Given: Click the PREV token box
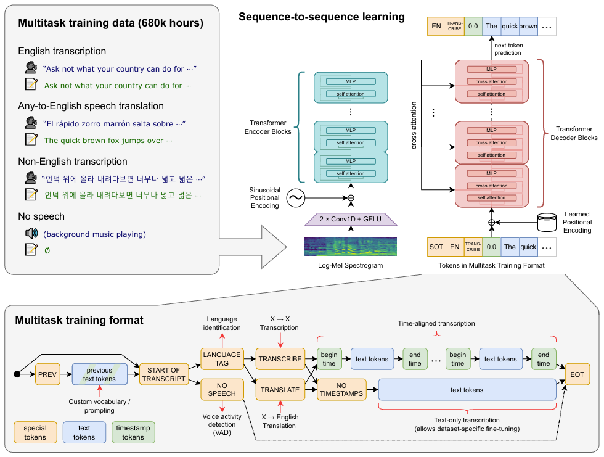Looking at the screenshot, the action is (47, 374).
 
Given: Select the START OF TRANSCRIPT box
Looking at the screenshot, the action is (164, 374).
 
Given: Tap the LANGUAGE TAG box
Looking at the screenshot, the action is (222, 359).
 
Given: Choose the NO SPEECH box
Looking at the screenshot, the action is (222, 390).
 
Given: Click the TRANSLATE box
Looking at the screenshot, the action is (280, 390).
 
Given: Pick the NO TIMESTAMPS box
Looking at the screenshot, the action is (341, 390).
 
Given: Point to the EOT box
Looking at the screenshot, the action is (577, 374).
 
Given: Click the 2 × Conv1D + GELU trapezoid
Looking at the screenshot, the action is (351, 220).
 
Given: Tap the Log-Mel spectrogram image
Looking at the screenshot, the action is (351, 247).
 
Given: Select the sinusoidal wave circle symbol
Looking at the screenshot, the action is (295, 198).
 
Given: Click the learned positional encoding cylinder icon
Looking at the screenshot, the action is (547, 223).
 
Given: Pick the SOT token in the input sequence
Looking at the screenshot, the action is (436, 247).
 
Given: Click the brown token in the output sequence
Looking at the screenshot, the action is (528, 26).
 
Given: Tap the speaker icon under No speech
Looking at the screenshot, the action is (31, 233).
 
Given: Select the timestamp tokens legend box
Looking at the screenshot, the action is (133, 432).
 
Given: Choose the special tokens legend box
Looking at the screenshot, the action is (35, 432).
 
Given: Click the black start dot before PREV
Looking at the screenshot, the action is (17, 374).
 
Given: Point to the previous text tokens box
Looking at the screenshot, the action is (99, 374).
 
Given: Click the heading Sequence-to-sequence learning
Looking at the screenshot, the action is (322, 17).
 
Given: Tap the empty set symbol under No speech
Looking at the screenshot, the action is (47, 251).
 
